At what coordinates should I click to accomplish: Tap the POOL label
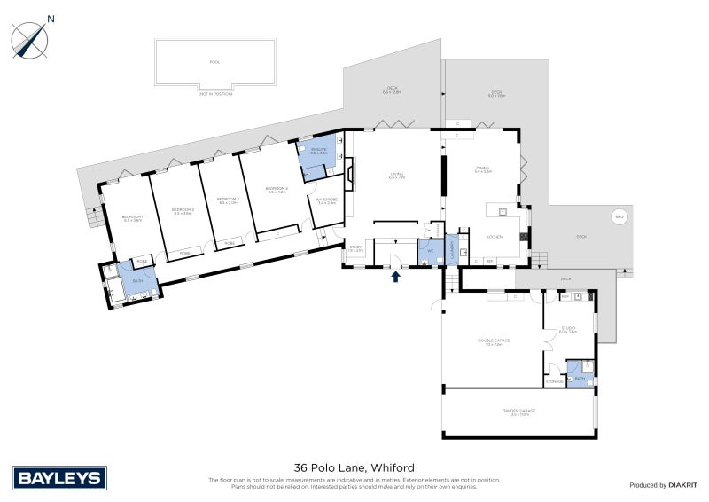coord(214,62)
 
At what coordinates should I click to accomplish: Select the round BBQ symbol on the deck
coord(619,217)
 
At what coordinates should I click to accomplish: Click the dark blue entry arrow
coord(396,278)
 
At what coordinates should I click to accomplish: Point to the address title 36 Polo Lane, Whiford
coord(354,467)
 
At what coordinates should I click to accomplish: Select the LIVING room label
coord(396,175)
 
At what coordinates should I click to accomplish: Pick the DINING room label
coord(482,169)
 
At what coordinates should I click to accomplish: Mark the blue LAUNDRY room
coord(450,252)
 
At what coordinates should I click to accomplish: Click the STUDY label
coord(355,248)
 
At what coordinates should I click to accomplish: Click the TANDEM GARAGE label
coord(518,412)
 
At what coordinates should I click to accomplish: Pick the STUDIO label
coord(568,329)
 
